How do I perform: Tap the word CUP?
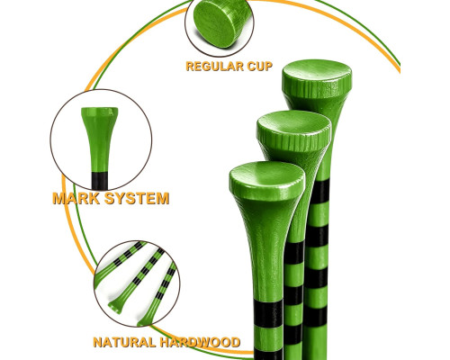[260, 66]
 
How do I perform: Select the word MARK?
[76, 198]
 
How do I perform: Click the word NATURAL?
[124, 342]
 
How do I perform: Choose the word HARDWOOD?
[200, 342]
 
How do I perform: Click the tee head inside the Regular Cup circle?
[221, 23]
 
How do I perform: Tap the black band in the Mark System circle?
[100, 181]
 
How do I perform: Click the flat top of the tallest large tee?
[317, 71]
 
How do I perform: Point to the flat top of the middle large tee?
[294, 122]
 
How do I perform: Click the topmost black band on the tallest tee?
[320, 192]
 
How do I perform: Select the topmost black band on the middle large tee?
[294, 252]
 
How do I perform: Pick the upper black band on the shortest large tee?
[268, 313]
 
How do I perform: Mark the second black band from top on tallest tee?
[317, 236]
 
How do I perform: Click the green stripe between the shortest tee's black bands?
[268, 337]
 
